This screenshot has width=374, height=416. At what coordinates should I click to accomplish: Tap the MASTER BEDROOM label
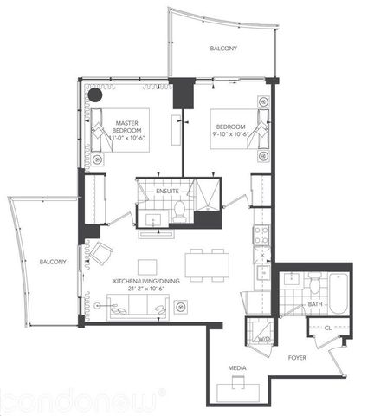click(128, 130)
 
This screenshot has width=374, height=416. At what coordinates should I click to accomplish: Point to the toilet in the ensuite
click(178, 209)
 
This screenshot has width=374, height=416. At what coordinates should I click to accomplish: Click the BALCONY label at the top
click(222, 49)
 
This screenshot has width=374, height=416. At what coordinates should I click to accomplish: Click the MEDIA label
click(237, 369)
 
